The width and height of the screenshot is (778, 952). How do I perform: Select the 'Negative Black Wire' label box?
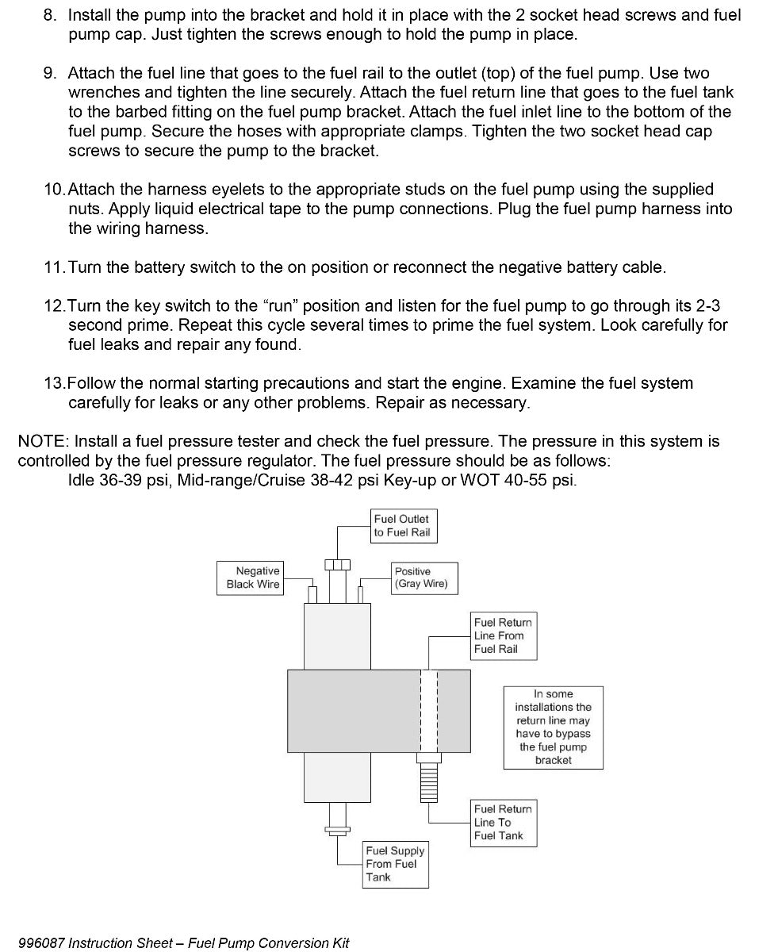pyautogui.click(x=250, y=578)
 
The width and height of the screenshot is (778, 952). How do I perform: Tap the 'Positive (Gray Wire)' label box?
pyautogui.click(x=425, y=578)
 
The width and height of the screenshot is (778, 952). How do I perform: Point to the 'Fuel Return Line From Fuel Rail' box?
pyautogui.click(x=504, y=636)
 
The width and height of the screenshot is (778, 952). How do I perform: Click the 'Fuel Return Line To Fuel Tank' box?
pyautogui.click(x=504, y=822)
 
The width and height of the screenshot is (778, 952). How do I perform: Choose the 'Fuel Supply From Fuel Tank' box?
pyautogui.click(x=396, y=864)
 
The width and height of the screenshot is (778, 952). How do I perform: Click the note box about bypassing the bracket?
pyautogui.click(x=554, y=727)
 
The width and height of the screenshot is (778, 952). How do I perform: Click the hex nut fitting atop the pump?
pyautogui.click(x=337, y=565)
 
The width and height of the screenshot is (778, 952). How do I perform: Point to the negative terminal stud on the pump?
pyautogui.click(x=312, y=593)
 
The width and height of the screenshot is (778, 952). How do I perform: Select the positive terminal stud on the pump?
pyautogui.click(x=362, y=593)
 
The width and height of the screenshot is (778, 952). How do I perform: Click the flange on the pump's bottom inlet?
pyautogui.click(x=336, y=831)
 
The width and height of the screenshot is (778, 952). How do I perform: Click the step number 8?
pyautogui.click(x=51, y=16)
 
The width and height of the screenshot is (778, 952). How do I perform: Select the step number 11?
pyautogui.click(x=54, y=267)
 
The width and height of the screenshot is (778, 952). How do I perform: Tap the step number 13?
pyautogui.click(x=54, y=383)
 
